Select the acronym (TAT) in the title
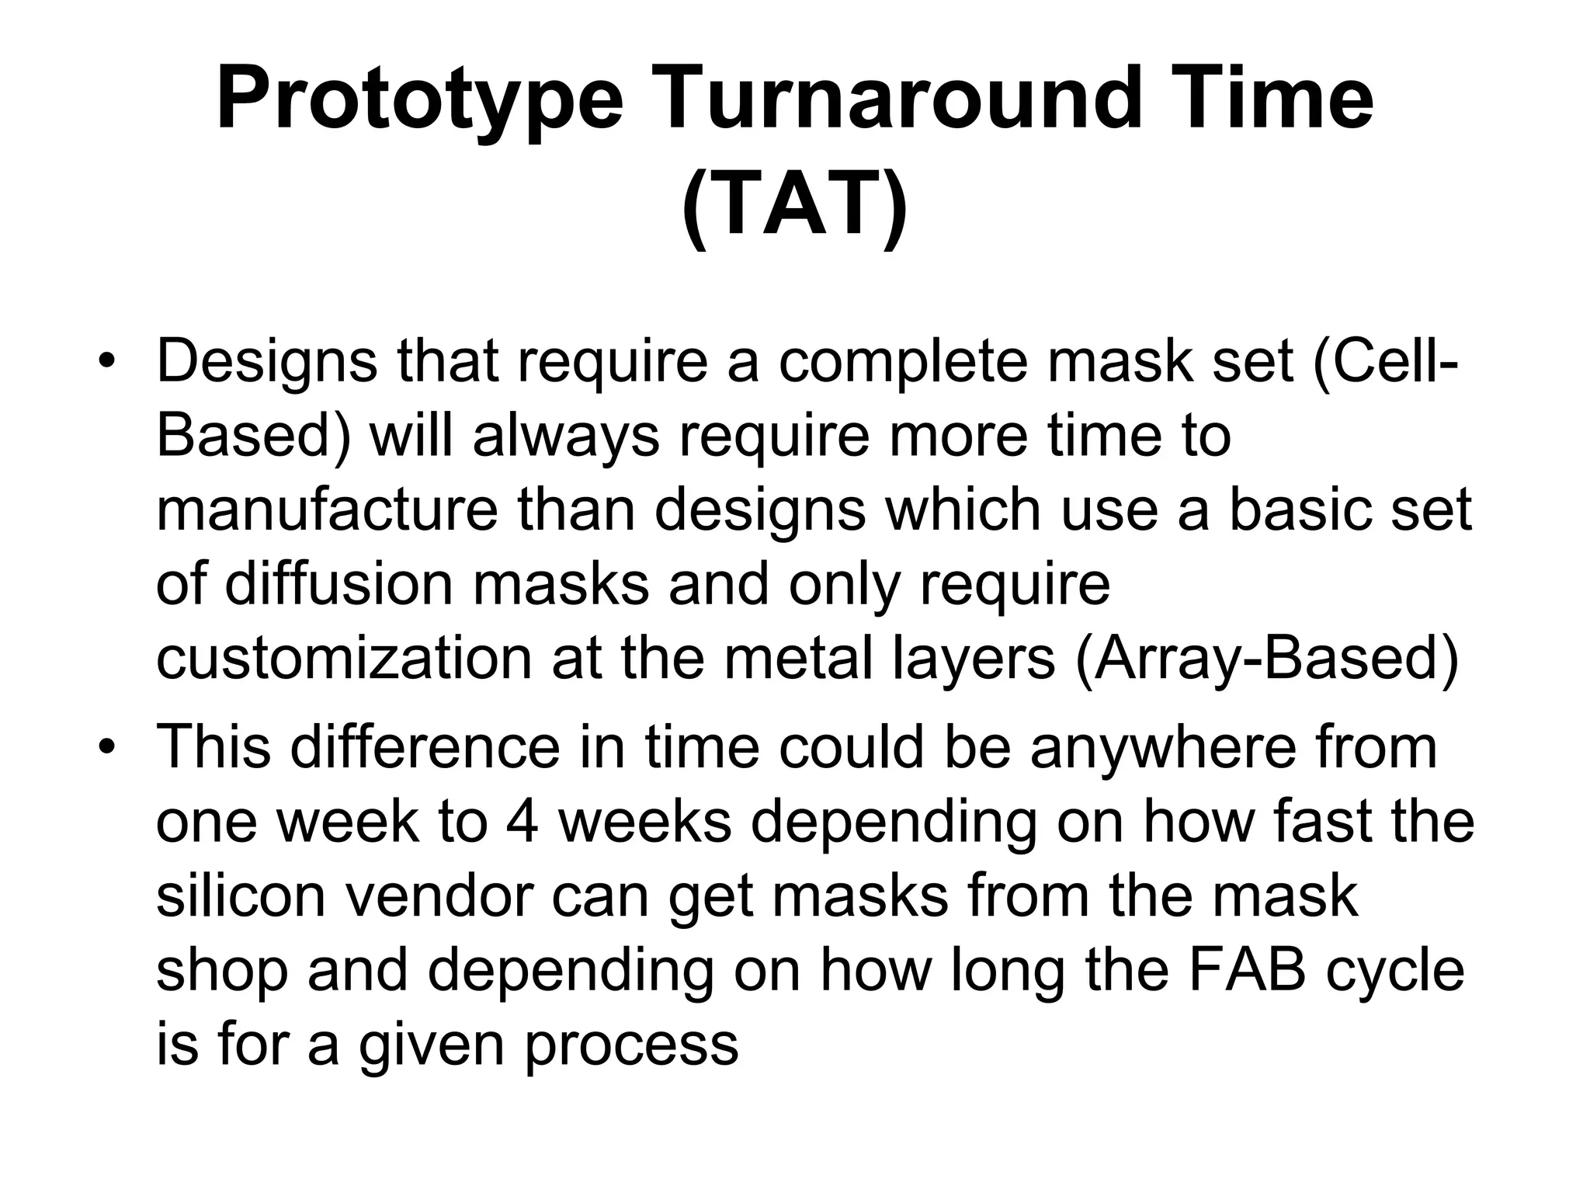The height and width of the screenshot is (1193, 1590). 794,207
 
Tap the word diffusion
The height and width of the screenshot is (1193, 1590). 338,583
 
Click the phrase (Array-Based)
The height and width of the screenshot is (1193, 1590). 1267,658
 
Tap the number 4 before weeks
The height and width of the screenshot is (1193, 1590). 522,821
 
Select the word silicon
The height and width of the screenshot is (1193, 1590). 239,895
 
